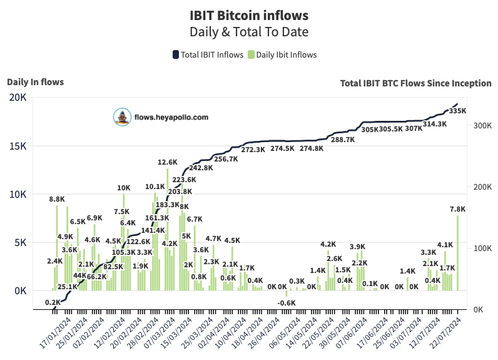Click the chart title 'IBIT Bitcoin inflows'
tap(249, 14)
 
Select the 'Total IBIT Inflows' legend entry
tap(208, 54)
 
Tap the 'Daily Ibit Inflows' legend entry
tap(282, 54)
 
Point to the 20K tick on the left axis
tap(18, 98)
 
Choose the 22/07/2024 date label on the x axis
tap(450, 336)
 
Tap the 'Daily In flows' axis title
tap(35, 81)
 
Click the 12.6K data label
tap(167, 162)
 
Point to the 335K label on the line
tap(458, 111)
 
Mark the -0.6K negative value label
tap(287, 303)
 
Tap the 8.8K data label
tap(57, 199)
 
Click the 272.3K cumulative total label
tap(253, 150)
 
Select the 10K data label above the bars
tap(124, 188)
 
